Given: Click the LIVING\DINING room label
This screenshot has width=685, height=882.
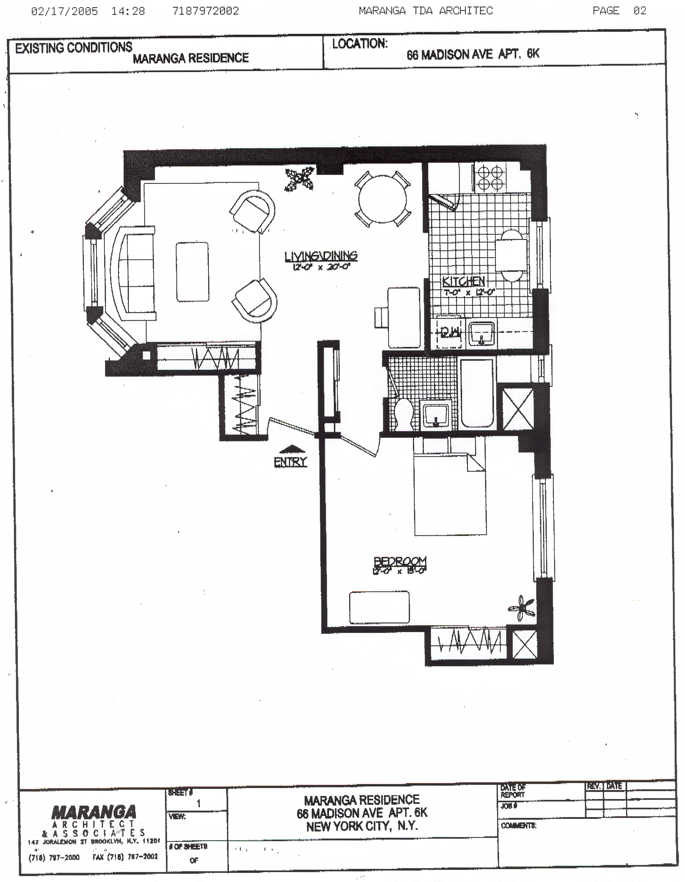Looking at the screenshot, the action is click(x=321, y=256).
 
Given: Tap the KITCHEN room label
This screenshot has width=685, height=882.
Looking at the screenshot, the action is click(x=464, y=281).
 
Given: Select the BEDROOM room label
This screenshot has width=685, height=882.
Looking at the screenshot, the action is click(x=400, y=561).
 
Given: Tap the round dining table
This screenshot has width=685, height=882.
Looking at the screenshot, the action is click(x=382, y=199).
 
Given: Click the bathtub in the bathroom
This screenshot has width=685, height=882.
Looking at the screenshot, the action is click(x=477, y=393).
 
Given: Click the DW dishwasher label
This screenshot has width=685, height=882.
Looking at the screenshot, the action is click(x=450, y=333).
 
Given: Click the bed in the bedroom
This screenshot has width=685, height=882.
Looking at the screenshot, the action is click(x=450, y=494).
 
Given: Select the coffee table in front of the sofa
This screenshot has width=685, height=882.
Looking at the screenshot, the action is click(x=192, y=272).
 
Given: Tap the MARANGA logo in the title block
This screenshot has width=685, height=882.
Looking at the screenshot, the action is click(x=94, y=812).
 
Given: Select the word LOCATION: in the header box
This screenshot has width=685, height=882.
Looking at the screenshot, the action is click(x=360, y=44).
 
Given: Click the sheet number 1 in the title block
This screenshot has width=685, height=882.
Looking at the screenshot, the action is click(x=198, y=803).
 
